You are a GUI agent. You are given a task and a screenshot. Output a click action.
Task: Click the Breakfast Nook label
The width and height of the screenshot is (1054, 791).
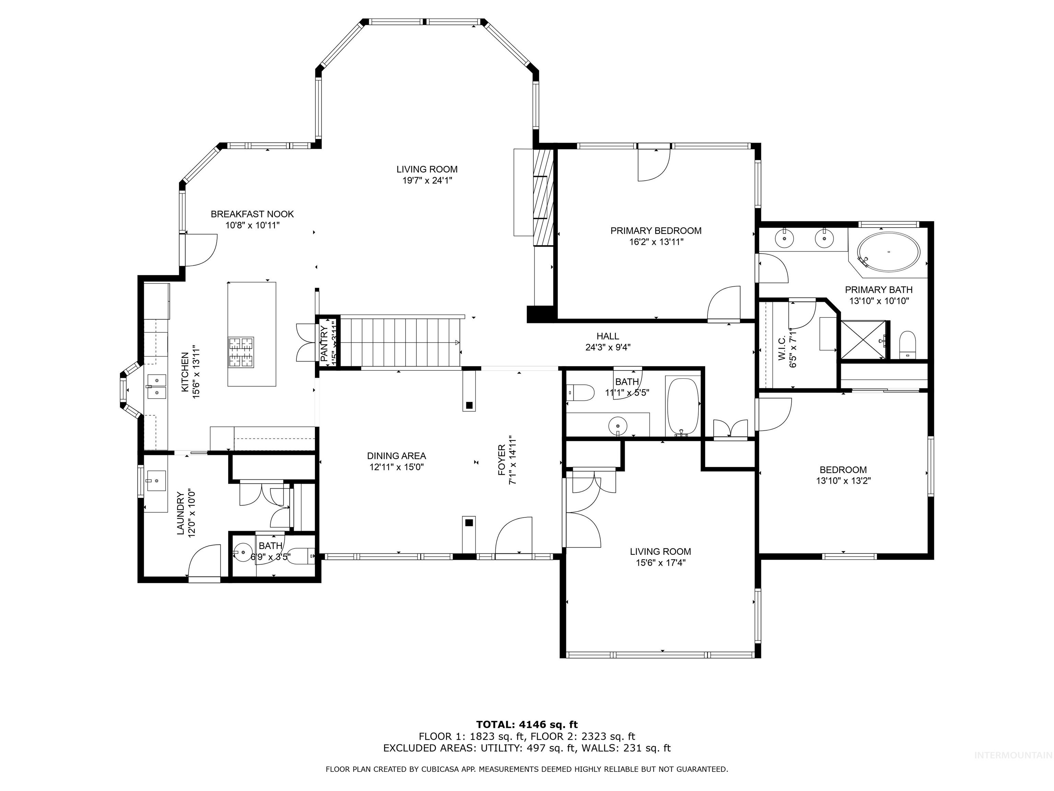tap(252, 215)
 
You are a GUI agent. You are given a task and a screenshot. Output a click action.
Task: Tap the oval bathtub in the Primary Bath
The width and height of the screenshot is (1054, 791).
tap(889, 252)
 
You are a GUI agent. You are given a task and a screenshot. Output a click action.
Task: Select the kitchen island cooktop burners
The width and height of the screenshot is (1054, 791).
tap(241, 352)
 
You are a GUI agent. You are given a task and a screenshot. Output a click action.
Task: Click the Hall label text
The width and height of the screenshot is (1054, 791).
tap(608, 336)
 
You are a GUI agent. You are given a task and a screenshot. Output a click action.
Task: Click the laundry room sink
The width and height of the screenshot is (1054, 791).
tap(155, 481)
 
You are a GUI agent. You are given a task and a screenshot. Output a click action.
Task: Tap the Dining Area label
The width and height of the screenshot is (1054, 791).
tap(396, 456)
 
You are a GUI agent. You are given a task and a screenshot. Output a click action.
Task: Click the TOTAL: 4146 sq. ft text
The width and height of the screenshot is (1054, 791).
tap(527, 725)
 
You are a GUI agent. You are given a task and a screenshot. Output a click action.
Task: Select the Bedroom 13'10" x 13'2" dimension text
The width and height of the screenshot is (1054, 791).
tap(843, 481)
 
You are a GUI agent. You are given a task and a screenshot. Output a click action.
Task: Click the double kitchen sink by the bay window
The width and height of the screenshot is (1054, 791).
tap(156, 386)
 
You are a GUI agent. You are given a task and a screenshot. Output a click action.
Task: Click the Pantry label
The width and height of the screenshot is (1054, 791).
tap(324, 343)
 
